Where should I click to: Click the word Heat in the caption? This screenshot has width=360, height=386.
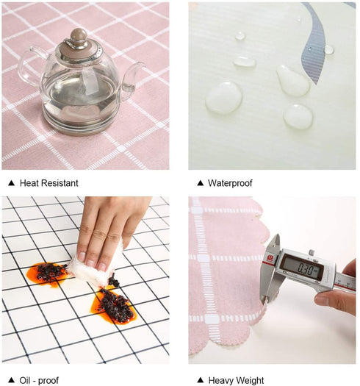(27, 183)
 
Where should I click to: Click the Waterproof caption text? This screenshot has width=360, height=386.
(230, 183)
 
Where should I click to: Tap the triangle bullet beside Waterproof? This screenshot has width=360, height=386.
(201, 183)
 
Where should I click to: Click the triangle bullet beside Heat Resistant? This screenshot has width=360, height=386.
(11, 183)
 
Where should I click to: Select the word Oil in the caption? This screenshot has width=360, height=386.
(25, 380)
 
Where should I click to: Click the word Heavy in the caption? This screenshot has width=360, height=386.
(220, 381)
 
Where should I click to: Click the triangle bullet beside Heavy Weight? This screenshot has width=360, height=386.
(201, 380)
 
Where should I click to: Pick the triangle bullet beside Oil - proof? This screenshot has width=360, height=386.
(11, 380)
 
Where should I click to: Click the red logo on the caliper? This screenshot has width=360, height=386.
(270, 259)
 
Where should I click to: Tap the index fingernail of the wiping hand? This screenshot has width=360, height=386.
(101, 267)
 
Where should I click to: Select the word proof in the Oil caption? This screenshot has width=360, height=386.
(48, 381)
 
